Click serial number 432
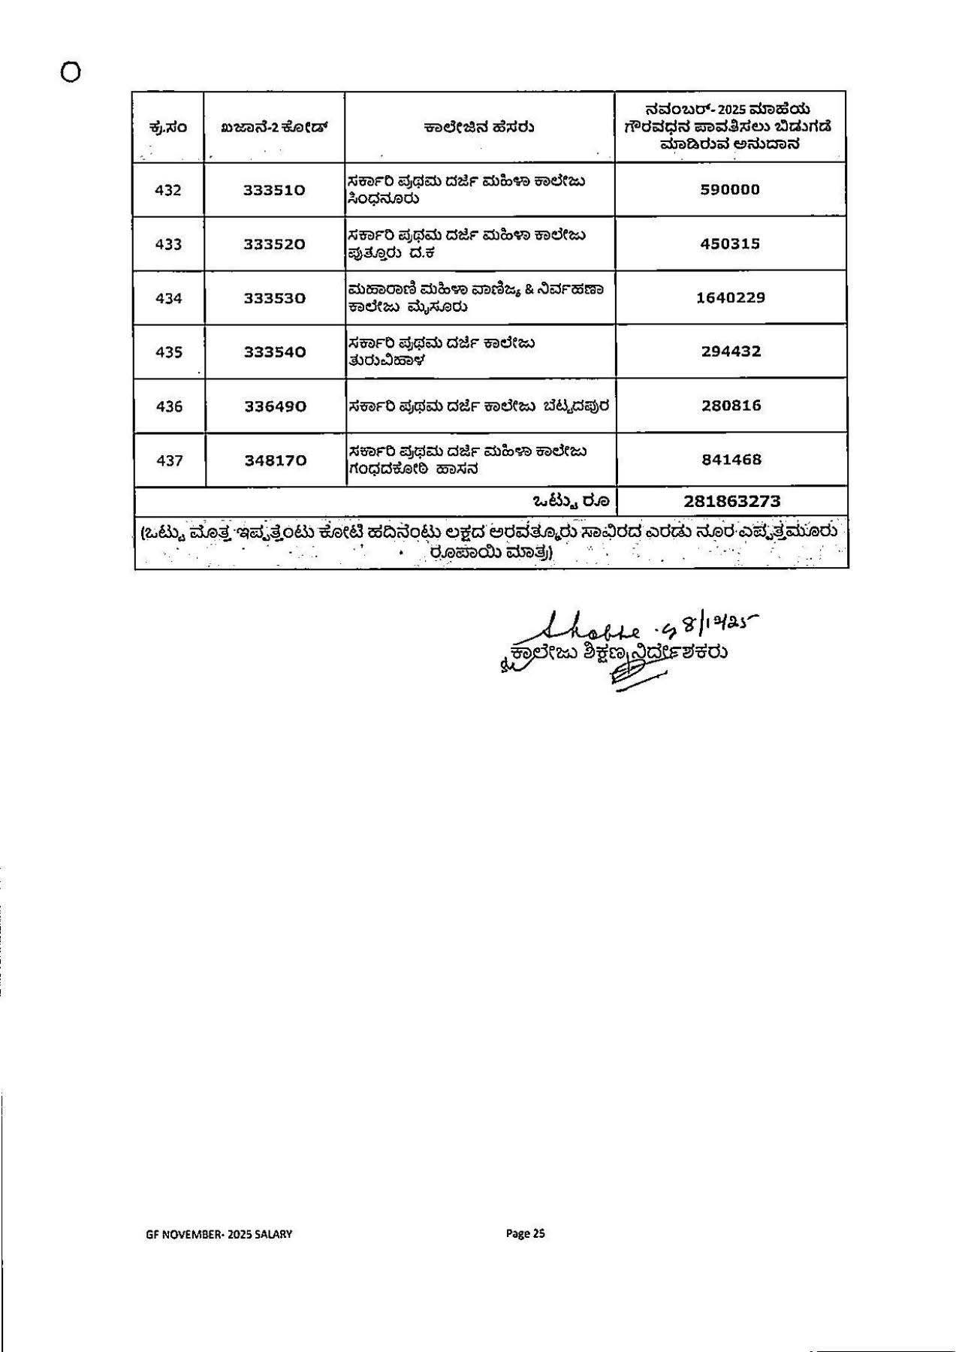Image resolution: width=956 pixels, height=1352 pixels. click(168, 190)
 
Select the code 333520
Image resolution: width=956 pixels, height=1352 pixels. click(274, 244)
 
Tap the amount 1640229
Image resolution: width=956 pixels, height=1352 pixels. click(730, 297)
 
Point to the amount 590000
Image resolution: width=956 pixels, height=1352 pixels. click(730, 190)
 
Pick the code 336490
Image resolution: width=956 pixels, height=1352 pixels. click(274, 406)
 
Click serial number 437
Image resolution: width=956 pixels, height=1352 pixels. click(169, 460)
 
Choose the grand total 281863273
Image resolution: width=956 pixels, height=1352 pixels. click(732, 501)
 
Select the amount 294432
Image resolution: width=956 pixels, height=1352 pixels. click(731, 352)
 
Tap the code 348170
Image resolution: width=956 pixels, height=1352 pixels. click(275, 460)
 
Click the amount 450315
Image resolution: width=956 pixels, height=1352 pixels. click(730, 244)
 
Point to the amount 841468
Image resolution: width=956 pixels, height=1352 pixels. click(731, 460)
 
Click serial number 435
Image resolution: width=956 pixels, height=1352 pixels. click(168, 352)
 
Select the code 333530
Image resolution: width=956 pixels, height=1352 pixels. click(274, 298)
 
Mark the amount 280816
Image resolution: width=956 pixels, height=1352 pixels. click(731, 406)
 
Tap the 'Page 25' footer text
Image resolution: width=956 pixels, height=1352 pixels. click(525, 1233)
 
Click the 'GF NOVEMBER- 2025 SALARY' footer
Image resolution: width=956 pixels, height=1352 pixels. click(219, 1234)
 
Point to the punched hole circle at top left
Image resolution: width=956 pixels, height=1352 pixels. click(71, 73)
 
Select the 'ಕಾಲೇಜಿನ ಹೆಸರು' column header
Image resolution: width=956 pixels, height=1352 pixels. click(478, 128)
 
